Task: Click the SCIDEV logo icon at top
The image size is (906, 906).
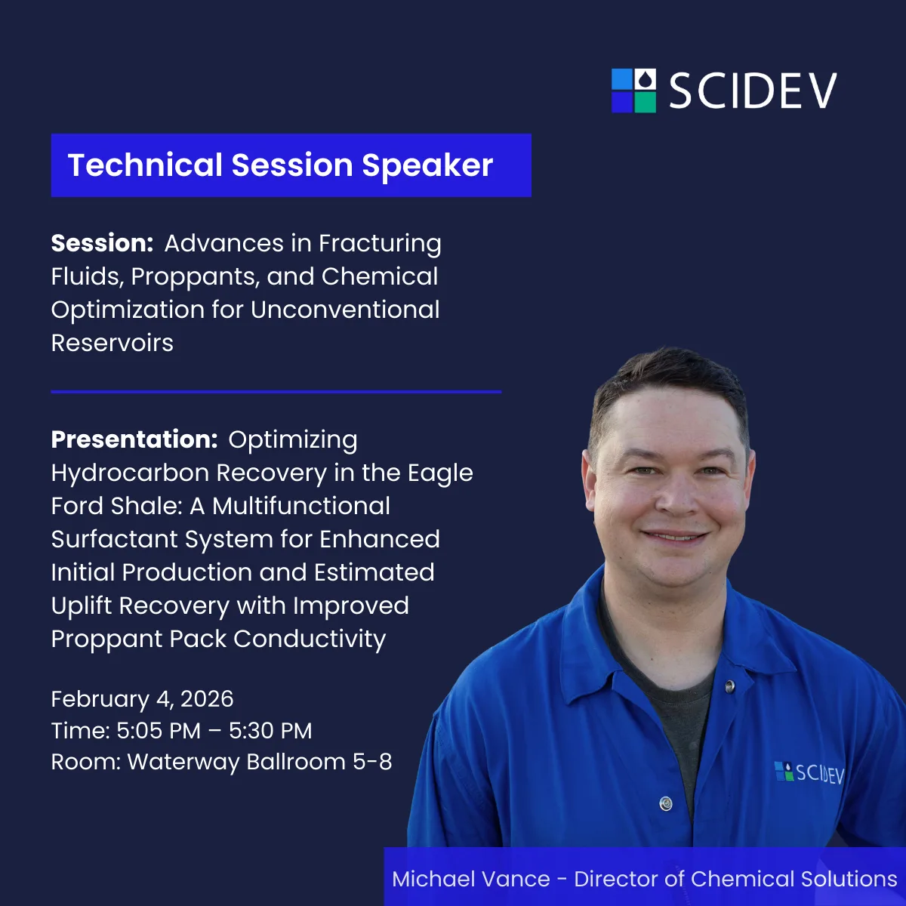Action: [633, 91]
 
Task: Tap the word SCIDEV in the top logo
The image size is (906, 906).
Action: [753, 91]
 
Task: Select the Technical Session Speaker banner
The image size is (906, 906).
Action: [291, 165]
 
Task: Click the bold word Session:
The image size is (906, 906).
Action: [102, 243]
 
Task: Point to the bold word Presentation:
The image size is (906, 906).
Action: [134, 439]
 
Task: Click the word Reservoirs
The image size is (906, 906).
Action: [112, 343]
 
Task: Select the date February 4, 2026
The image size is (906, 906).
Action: [142, 699]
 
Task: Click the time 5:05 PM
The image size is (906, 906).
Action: [159, 731]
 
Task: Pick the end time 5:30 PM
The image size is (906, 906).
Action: [270, 731]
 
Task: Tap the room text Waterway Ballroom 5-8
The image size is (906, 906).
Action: [260, 762]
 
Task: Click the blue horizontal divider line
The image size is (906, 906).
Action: [276, 392]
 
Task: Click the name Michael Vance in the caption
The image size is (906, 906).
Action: [471, 879]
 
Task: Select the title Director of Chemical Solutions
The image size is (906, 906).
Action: [735, 879]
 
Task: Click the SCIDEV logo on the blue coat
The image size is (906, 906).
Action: [809, 772]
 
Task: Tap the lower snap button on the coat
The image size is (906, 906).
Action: [665, 803]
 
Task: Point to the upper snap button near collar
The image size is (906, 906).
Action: [729, 686]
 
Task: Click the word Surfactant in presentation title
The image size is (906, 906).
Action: [115, 539]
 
